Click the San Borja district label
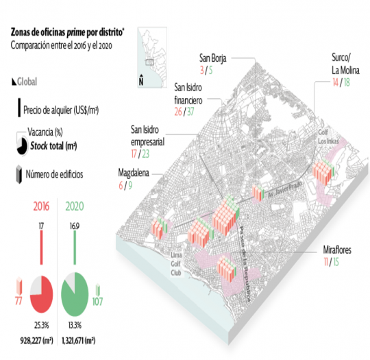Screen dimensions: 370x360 click(213, 58)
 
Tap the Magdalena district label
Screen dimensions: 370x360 click(134, 173)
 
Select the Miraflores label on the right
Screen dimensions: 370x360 click(337, 250)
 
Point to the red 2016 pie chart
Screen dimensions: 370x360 click(41, 294)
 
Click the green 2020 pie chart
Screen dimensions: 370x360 click(75, 294)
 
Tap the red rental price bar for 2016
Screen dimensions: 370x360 click(42, 248)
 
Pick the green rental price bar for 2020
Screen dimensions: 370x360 click(75, 248)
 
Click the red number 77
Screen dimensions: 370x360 click(18, 301)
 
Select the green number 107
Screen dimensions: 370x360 click(97, 302)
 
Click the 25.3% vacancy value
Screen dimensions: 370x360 click(42, 325)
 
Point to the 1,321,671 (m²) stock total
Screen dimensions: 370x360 click(78, 341)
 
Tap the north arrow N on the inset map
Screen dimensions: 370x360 click(141, 80)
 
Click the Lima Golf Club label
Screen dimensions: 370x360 click(176, 264)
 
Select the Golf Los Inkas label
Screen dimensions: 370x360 click(328, 136)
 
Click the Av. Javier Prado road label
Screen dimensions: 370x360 click(285, 189)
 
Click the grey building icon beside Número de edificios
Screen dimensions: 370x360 click(19, 174)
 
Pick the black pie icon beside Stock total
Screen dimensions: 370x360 click(22, 146)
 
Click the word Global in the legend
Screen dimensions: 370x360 click(27, 82)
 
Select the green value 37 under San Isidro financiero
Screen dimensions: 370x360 click(190, 112)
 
